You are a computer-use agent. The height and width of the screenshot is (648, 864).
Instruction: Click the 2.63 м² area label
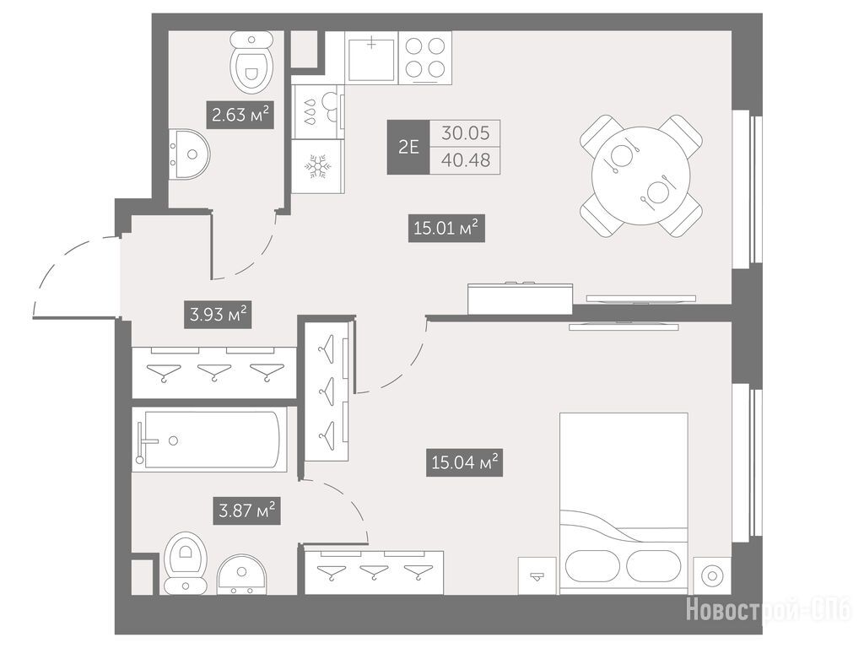(240, 115)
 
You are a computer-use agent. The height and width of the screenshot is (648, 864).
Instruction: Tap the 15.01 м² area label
(445, 228)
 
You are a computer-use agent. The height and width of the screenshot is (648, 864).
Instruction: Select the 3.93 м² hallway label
(219, 314)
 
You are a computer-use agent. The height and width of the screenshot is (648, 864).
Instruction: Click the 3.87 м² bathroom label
(247, 510)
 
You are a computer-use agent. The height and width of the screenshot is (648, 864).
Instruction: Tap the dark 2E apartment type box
(408, 147)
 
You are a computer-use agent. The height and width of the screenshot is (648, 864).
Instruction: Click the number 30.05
(466, 132)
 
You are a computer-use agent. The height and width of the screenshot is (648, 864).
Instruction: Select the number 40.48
(466, 160)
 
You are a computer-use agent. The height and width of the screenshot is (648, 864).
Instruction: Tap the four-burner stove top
(425, 58)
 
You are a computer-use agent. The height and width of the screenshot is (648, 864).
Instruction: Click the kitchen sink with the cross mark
(372, 58)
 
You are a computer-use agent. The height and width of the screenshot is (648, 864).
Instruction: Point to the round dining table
(641, 175)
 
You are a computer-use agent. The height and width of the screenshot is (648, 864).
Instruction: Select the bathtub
(210, 440)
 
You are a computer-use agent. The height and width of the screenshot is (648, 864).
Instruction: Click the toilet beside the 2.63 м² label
(251, 61)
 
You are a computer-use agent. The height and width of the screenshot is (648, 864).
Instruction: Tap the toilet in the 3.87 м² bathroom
(186, 563)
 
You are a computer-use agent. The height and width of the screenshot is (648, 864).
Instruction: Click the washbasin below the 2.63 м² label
(188, 154)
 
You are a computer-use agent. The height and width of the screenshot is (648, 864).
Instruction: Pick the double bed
(624, 504)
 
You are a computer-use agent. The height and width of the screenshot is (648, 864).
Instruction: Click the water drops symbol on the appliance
(310, 111)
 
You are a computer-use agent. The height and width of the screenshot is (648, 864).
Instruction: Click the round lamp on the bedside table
(712, 575)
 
